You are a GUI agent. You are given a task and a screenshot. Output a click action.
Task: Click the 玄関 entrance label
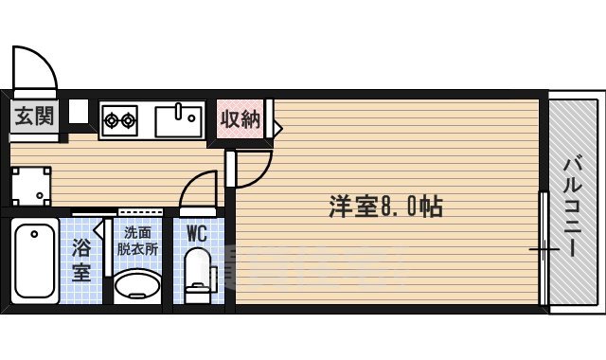coord(34,117)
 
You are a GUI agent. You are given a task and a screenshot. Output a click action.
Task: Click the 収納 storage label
coord(241,118)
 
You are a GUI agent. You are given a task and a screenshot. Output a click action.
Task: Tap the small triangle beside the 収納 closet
coord(277,125)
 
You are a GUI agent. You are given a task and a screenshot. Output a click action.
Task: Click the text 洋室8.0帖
coord(386,206)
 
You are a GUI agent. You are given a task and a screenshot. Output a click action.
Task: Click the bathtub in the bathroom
coord(37,260)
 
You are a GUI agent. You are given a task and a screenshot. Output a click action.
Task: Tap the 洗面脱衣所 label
coord(137,241)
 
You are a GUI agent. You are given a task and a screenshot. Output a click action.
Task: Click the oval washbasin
coord(137,285)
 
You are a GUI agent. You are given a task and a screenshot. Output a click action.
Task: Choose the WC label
coord(198,232)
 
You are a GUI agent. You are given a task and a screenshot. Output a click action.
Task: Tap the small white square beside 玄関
coord(78,111)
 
